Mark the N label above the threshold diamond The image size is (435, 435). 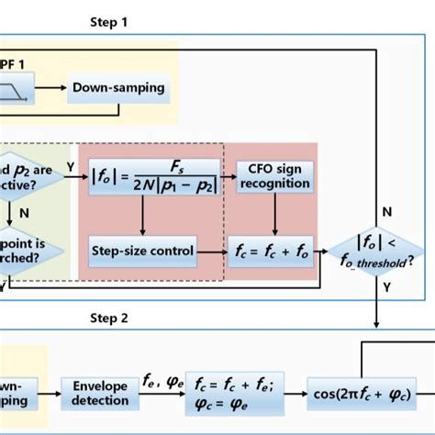tap(387, 211)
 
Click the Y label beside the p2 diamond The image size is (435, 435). tap(71, 167)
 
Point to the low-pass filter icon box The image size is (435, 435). tap(16, 87)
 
